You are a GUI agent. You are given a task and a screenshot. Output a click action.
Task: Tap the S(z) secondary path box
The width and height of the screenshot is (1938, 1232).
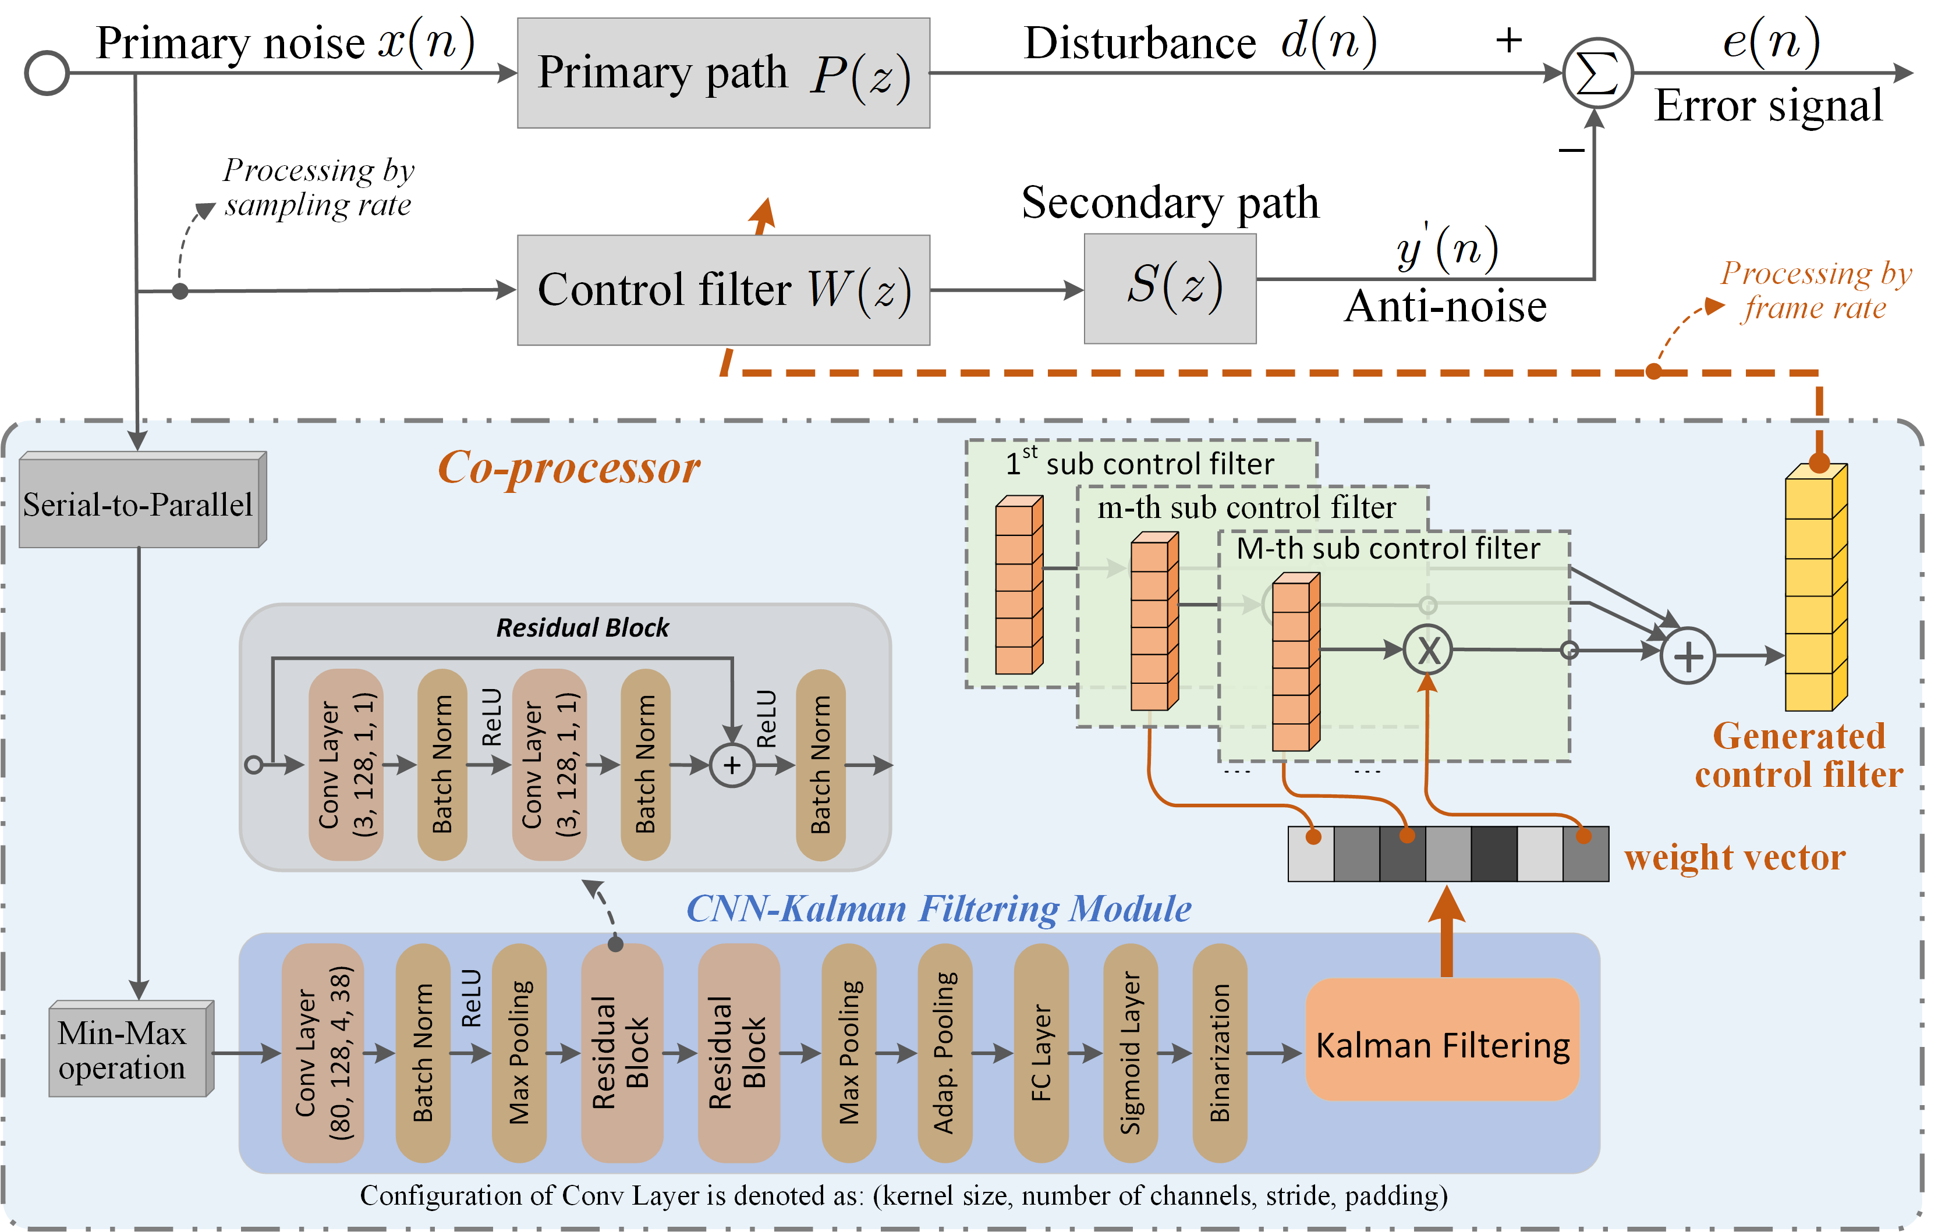click(1170, 289)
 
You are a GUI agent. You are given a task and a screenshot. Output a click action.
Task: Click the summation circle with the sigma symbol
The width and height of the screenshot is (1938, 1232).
click(1597, 73)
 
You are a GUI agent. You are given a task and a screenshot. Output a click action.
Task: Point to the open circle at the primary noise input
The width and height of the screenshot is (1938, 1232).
click(47, 73)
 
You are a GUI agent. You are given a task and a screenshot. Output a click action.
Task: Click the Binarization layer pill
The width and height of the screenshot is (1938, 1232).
click(1219, 1053)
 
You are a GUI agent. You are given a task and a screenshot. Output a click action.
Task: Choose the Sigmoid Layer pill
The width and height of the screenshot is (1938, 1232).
click(1130, 1053)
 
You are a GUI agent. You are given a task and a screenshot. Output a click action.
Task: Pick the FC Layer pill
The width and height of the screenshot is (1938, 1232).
click(1041, 1053)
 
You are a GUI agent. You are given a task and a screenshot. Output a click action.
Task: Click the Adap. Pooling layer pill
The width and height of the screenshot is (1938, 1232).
click(944, 1053)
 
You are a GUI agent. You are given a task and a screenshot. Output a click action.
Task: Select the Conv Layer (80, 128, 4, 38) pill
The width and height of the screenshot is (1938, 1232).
click(323, 1053)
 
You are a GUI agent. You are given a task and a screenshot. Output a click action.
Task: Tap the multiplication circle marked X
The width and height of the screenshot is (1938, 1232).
click(1428, 650)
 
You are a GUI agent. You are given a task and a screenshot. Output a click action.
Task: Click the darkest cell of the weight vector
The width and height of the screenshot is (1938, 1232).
click(1494, 854)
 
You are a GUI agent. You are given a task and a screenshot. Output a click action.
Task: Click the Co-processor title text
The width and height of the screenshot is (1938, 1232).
click(568, 467)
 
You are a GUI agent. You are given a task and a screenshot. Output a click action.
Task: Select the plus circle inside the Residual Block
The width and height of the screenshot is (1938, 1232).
click(732, 765)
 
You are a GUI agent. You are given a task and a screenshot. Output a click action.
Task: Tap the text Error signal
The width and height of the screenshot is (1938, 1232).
click(1767, 105)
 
